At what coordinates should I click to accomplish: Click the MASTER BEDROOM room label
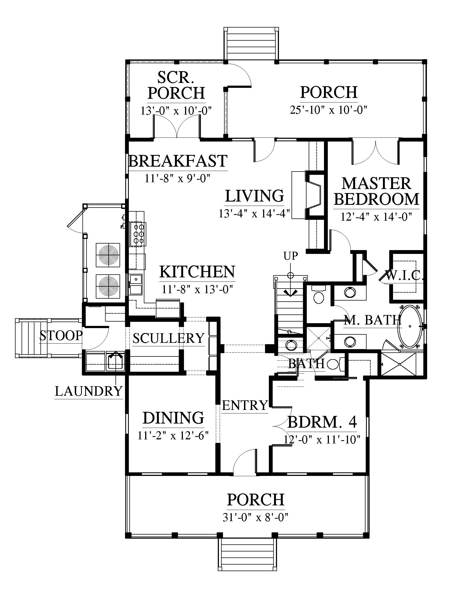[377, 191]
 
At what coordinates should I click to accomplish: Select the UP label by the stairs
[291, 256]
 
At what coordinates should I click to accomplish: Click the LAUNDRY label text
[88, 391]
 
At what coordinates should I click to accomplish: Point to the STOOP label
[61, 335]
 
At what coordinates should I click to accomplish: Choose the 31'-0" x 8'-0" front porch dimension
[255, 518]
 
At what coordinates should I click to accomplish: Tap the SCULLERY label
[168, 338]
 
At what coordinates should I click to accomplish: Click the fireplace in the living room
[314, 195]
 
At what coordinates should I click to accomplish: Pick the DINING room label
[173, 418]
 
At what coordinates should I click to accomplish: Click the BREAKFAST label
[178, 161]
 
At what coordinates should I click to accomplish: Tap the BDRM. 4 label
[322, 422]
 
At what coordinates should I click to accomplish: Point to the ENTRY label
[245, 405]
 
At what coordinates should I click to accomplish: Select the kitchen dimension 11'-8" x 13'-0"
[197, 289]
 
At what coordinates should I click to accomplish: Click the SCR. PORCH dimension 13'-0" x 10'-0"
[176, 111]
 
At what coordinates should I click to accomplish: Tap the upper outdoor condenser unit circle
[108, 255]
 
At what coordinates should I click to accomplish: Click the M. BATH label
[373, 320]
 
